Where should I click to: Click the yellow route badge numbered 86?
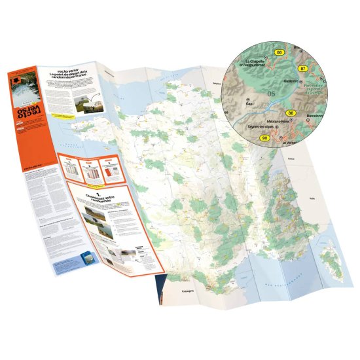point(279,52)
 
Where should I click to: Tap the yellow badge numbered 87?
point(302,68)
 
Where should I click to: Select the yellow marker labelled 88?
point(291,113)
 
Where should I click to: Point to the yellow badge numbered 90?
point(265,138)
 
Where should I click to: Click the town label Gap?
point(249,103)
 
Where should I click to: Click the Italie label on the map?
point(312,197)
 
